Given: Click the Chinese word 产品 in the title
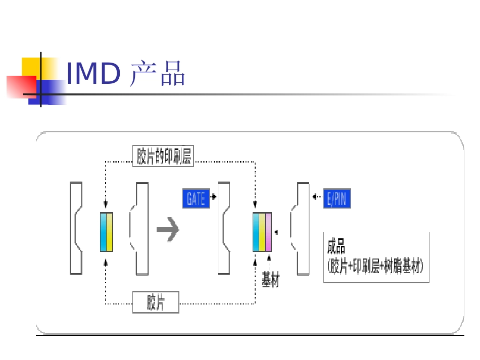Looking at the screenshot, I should (x=157, y=74).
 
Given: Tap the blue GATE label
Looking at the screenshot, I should (x=196, y=198).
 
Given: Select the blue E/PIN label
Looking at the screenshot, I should (x=337, y=198).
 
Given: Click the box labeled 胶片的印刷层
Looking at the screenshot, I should (x=165, y=156).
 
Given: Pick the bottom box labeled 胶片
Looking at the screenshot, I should (x=156, y=303).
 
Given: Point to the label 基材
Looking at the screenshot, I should (x=270, y=279).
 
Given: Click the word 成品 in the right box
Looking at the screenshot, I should (x=337, y=247).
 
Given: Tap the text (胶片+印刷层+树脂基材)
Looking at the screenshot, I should (x=376, y=266).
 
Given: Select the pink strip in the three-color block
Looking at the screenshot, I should (x=268, y=232).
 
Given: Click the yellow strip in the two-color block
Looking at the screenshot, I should (x=110, y=232).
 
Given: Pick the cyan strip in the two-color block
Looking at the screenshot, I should (x=104, y=232).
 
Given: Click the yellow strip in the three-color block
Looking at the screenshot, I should (x=262, y=232).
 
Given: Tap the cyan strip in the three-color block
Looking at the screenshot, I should (x=256, y=232).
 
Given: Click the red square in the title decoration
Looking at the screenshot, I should (x=20, y=86).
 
